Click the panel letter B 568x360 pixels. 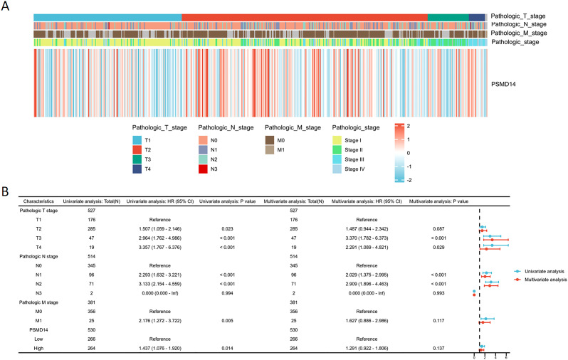6,192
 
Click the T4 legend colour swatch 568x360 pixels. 137,169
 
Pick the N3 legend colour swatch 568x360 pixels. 204,169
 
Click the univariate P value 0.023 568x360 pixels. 221,230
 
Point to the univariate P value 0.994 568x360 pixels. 221,293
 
